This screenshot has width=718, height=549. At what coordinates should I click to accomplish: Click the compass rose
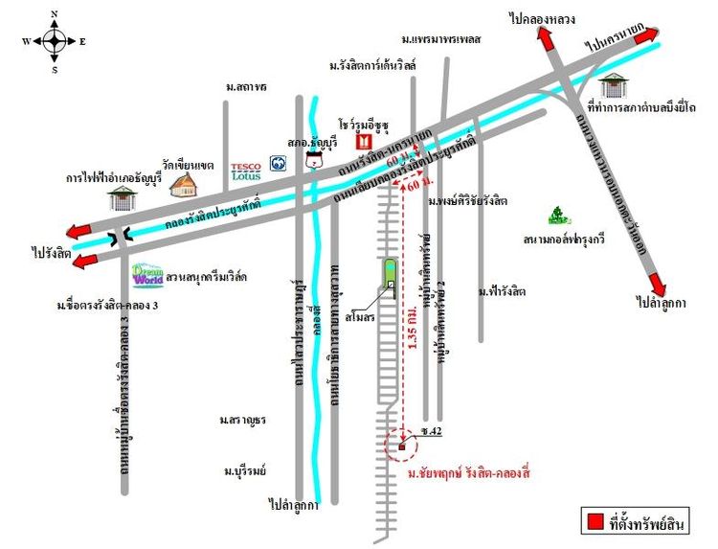[x=55, y=41]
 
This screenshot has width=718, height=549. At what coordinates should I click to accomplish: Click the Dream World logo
[x=148, y=276]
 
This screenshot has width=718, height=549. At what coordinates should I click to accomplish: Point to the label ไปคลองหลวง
[x=542, y=18]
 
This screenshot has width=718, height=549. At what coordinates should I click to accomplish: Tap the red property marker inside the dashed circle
[x=402, y=446]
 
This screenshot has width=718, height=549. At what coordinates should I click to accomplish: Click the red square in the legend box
[x=595, y=522]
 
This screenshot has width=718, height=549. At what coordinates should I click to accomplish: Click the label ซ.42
[x=431, y=433]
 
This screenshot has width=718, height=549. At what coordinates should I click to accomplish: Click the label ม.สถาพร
[x=246, y=87]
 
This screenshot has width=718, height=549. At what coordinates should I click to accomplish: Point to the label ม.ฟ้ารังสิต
[x=504, y=290]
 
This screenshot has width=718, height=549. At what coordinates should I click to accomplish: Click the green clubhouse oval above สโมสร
[x=390, y=273]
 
